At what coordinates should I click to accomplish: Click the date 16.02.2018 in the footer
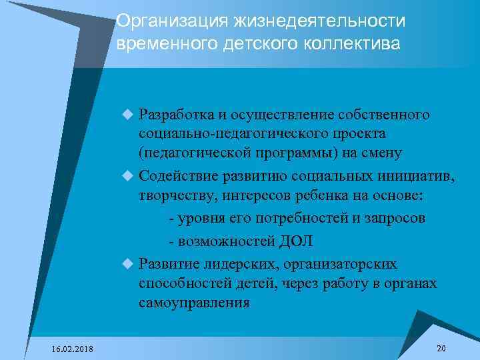[72, 349]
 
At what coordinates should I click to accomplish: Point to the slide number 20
[441, 348]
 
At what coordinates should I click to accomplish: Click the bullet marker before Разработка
[129, 115]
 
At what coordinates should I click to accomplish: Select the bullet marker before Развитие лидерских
[129, 263]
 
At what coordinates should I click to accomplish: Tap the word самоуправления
[195, 303]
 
